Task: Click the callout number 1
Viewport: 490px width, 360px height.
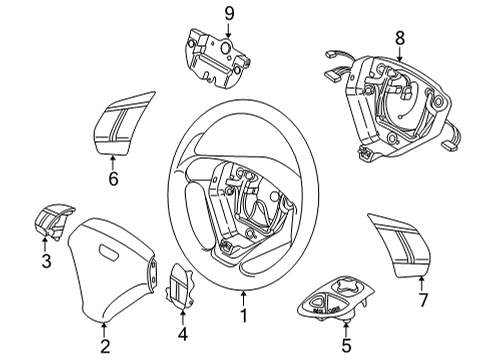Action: point(245,323)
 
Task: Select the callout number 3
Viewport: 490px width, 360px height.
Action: point(46,262)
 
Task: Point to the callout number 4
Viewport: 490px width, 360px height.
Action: point(181,333)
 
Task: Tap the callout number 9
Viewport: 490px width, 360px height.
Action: point(228,13)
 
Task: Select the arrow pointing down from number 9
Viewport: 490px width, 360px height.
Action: point(228,27)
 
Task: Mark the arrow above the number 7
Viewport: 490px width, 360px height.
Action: point(421,281)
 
